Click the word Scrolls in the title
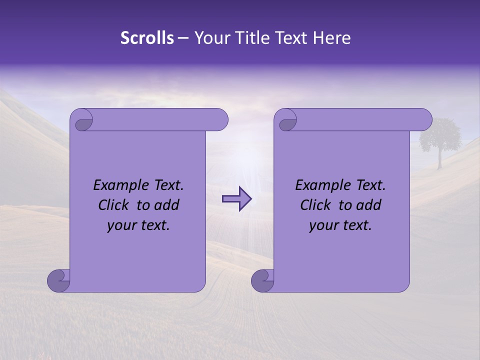147,38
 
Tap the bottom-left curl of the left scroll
58,280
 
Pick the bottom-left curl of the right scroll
262,280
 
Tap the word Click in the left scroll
113,205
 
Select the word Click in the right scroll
315,205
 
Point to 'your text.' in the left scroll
138,225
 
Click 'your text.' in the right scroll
340,225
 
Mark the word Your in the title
210,38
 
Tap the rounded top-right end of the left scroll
220,120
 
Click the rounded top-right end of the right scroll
424,120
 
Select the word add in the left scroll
166,205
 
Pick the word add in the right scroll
368,205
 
